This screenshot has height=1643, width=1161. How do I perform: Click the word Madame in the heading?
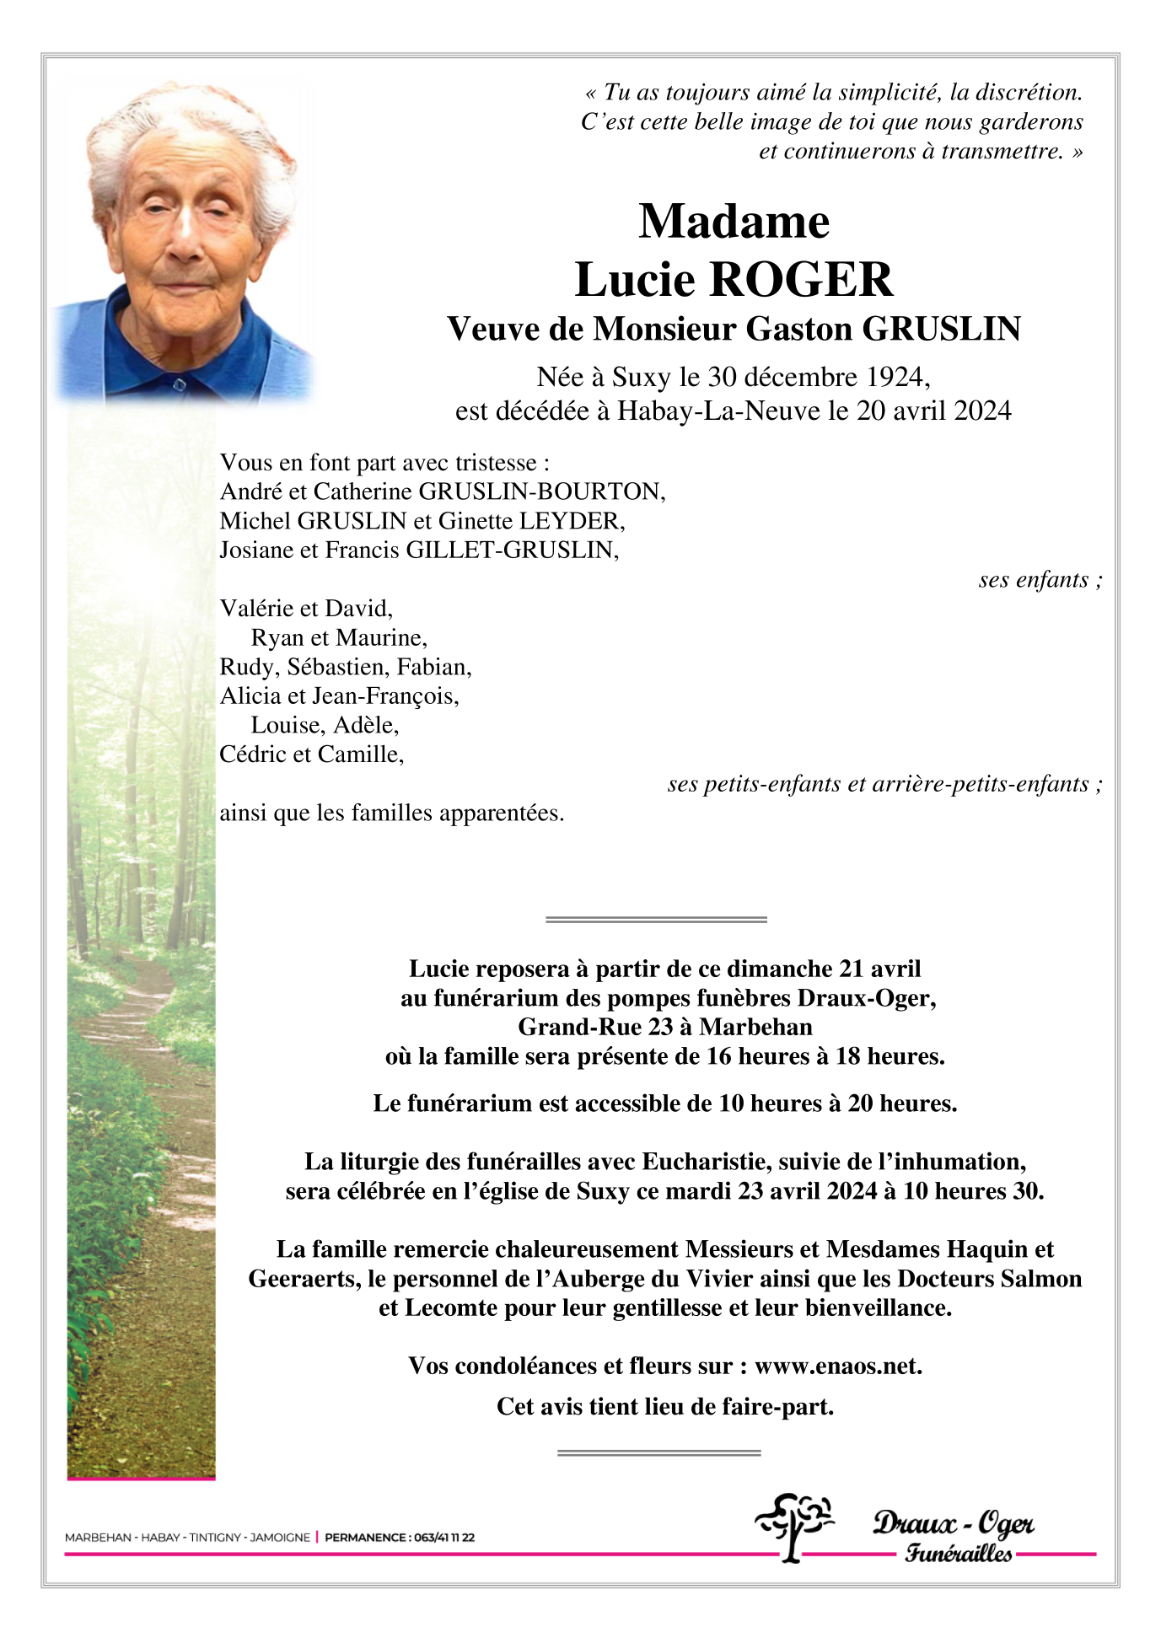coord(734,222)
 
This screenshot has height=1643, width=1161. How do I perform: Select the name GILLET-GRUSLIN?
coord(511,550)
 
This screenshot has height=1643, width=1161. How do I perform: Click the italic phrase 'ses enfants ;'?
coord(1040,580)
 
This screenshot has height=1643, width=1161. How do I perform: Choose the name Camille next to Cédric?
coord(371,754)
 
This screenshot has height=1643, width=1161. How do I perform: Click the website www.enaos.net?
coord(837,1366)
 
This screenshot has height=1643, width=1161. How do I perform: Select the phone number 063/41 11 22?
coord(443,1538)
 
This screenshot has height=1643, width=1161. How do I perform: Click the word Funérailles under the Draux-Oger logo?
coord(959,1553)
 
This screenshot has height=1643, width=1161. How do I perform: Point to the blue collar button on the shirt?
coord(178,385)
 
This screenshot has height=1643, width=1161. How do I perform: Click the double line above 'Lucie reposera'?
coord(656,919)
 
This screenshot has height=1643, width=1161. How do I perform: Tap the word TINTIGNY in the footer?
coord(215,1538)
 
